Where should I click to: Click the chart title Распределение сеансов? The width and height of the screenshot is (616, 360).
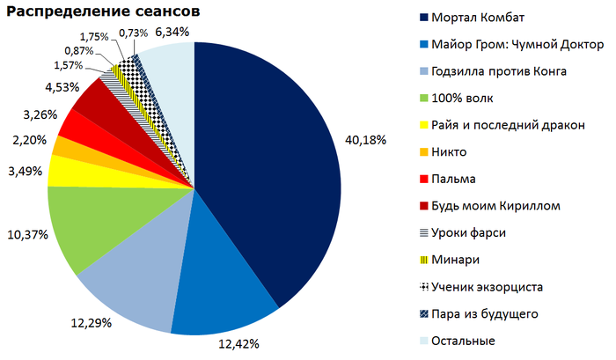click(104, 13)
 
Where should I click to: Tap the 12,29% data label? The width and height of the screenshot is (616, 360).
click(91, 324)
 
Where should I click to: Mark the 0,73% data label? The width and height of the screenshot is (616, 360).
click(133, 33)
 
